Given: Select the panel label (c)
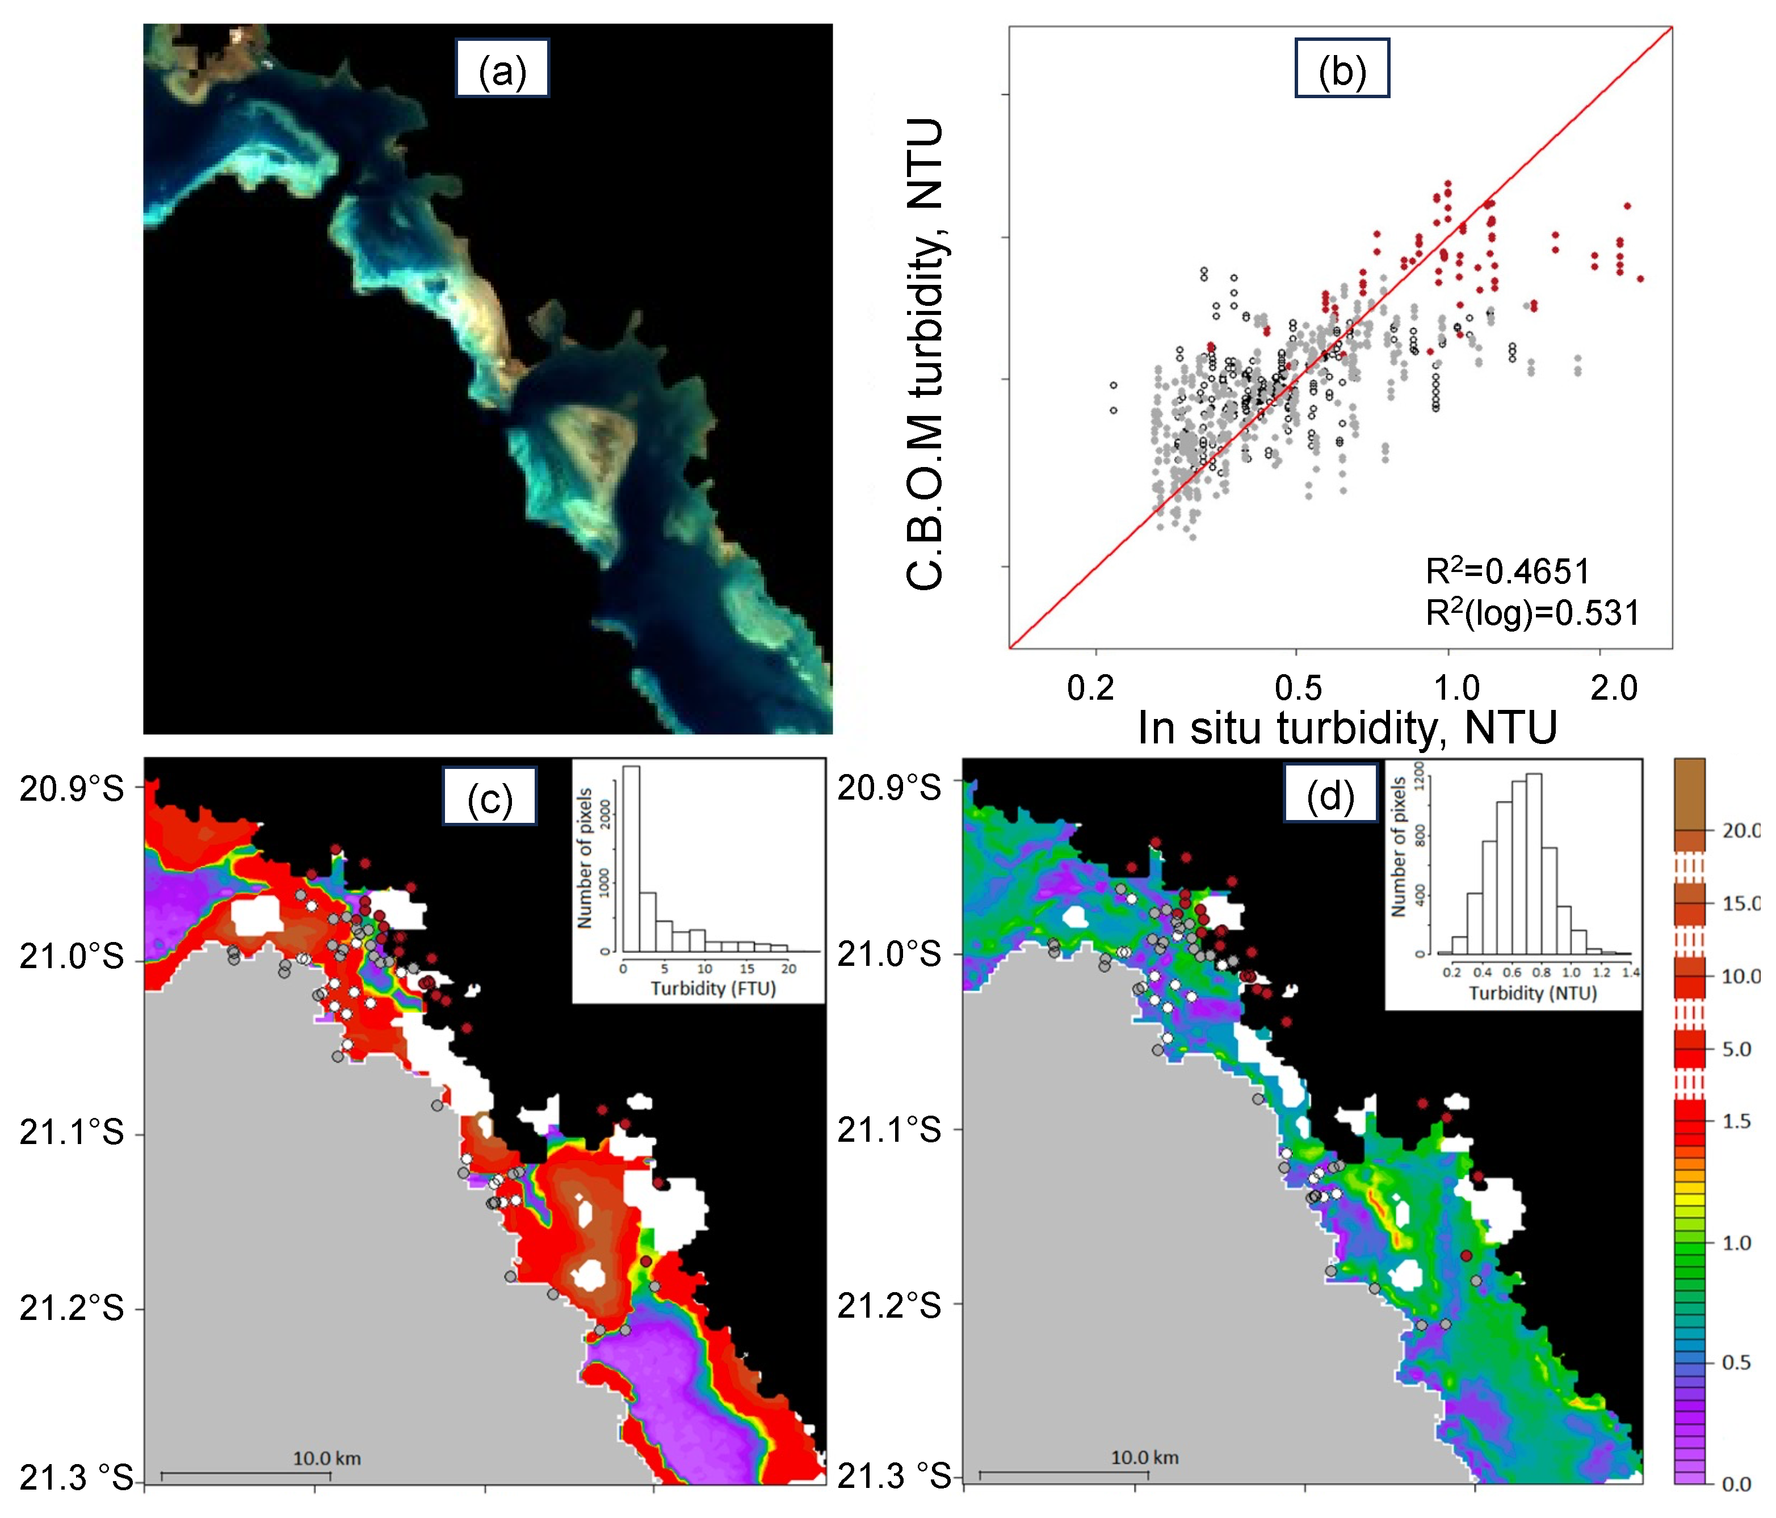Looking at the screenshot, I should [489, 796].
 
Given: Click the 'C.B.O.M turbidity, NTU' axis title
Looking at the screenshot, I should [926, 353].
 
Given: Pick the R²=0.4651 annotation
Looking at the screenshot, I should [1507, 571].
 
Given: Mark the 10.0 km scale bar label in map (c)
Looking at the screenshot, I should [326, 1458].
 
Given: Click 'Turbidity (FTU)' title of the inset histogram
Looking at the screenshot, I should [713, 989].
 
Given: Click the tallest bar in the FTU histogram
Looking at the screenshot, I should [631, 857].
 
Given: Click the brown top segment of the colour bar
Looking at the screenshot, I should [1689, 793].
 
